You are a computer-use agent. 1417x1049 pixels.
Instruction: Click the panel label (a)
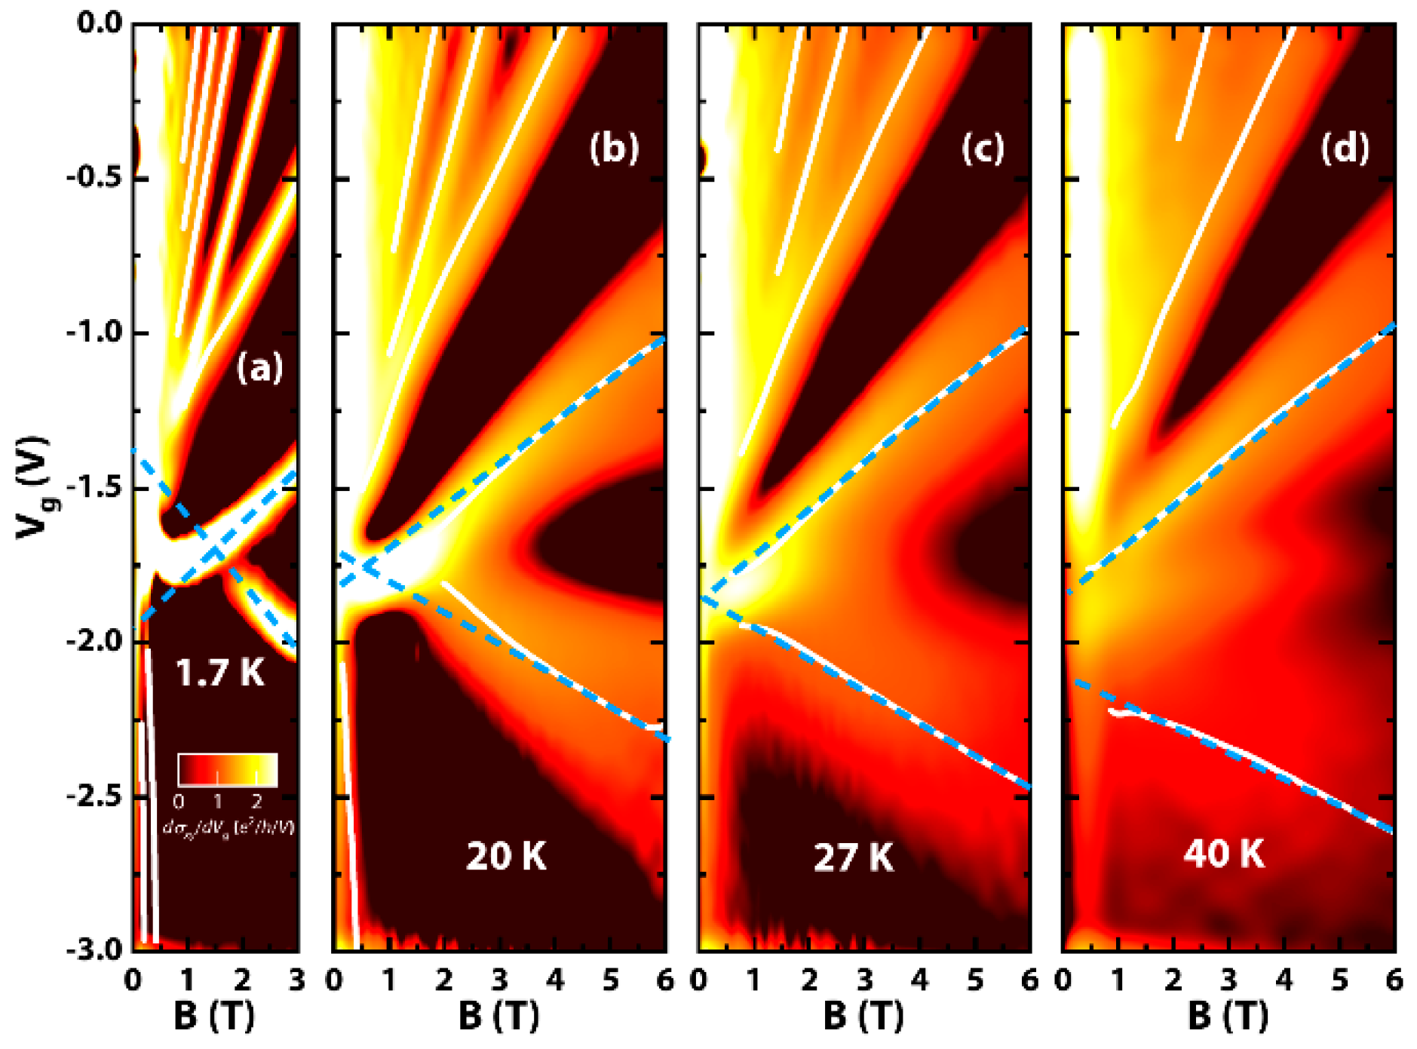point(259,369)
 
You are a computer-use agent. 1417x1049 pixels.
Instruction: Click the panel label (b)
point(614,148)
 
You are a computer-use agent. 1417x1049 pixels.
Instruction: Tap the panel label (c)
point(983,149)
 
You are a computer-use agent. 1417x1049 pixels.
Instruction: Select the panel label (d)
point(1345,148)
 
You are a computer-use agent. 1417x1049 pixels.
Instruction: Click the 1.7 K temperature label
point(219,672)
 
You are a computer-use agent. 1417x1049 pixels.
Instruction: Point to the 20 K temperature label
point(505,856)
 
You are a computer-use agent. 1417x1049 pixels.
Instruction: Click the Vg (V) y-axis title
point(33,488)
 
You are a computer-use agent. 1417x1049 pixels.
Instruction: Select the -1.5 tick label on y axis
point(94,488)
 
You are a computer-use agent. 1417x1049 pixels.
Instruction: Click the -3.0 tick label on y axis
point(94,949)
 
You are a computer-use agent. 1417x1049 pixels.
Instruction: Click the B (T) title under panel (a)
point(214,1017)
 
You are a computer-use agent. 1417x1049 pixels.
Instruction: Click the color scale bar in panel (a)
point(228,770)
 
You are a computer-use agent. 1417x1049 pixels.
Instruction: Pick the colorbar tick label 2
point(256,800)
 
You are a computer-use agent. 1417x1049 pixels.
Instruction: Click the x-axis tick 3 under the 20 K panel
point(499,980)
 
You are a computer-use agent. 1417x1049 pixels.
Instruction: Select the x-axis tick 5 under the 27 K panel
point(975,980)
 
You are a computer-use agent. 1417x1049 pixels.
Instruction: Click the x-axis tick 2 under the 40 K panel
point(1173,980)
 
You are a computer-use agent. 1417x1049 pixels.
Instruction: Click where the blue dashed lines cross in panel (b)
point(367,566)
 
